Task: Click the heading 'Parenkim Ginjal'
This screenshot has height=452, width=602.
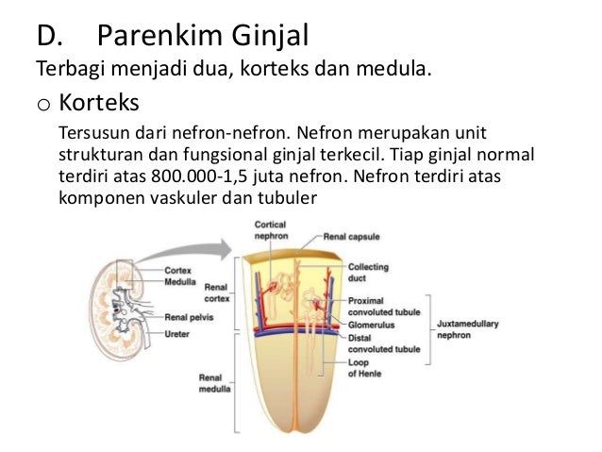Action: point(202,37)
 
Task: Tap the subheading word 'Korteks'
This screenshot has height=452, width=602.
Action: point(99,100)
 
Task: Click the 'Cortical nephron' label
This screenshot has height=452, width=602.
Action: point(272,229)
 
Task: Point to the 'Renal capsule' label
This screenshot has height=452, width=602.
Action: point(351,237)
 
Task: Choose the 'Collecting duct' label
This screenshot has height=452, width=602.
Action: point(369,273)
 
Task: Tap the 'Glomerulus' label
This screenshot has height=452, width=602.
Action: point(371,324)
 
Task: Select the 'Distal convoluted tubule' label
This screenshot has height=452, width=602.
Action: point(383,343)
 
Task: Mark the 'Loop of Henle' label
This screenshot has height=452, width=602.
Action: point(363,368)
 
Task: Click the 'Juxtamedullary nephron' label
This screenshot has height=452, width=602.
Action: point(467,328)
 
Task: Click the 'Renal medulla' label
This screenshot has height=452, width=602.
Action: point(209,383)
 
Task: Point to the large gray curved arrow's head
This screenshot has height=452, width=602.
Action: point(223,247)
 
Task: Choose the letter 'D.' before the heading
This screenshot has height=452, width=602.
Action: point(50,37)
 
